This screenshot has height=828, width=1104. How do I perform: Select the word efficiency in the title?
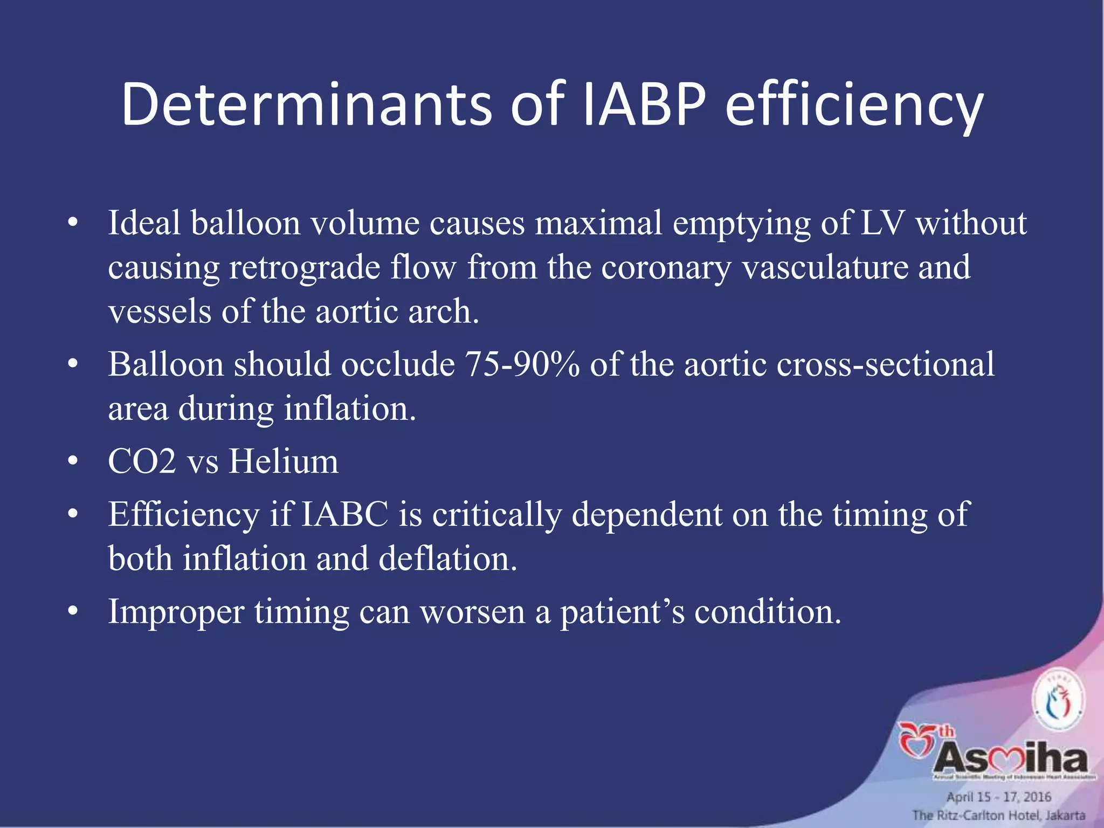click(x=854, y=108)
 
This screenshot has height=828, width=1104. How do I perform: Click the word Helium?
click(x=284, y=462)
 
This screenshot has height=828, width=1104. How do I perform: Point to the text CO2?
click(x=142, y=462)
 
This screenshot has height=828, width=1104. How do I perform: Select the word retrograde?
click(x=305, y=268)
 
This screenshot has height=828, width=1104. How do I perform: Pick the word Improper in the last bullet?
click(x=176, y=612)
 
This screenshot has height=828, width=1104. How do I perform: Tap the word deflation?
click(x=447, y=558)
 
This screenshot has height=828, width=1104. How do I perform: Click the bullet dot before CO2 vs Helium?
click(x=74, y=463)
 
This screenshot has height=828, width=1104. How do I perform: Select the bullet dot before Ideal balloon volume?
click(x=74, y=224)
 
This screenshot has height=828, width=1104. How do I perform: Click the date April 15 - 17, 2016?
click(x=999, y=797)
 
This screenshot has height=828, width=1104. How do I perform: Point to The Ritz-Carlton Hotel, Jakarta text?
click(x=998, y=816)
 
